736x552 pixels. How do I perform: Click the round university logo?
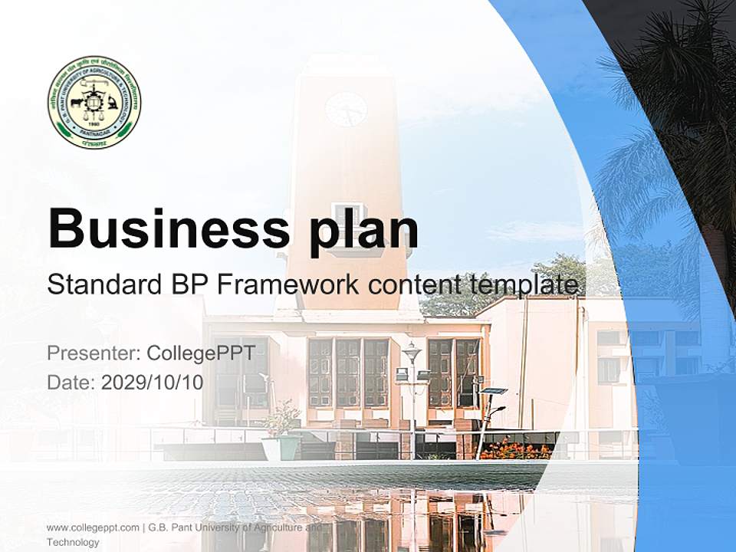(94, 102)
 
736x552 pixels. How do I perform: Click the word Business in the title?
(158, 228)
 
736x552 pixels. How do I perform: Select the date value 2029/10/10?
(153, 383)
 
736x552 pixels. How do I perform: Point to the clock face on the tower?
(346, 110)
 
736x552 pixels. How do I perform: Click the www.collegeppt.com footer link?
(93, 527)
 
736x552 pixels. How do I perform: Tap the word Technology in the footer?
(73, 542)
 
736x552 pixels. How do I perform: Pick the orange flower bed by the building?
(516, 449)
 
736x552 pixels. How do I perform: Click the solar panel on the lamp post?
(493, 391)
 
